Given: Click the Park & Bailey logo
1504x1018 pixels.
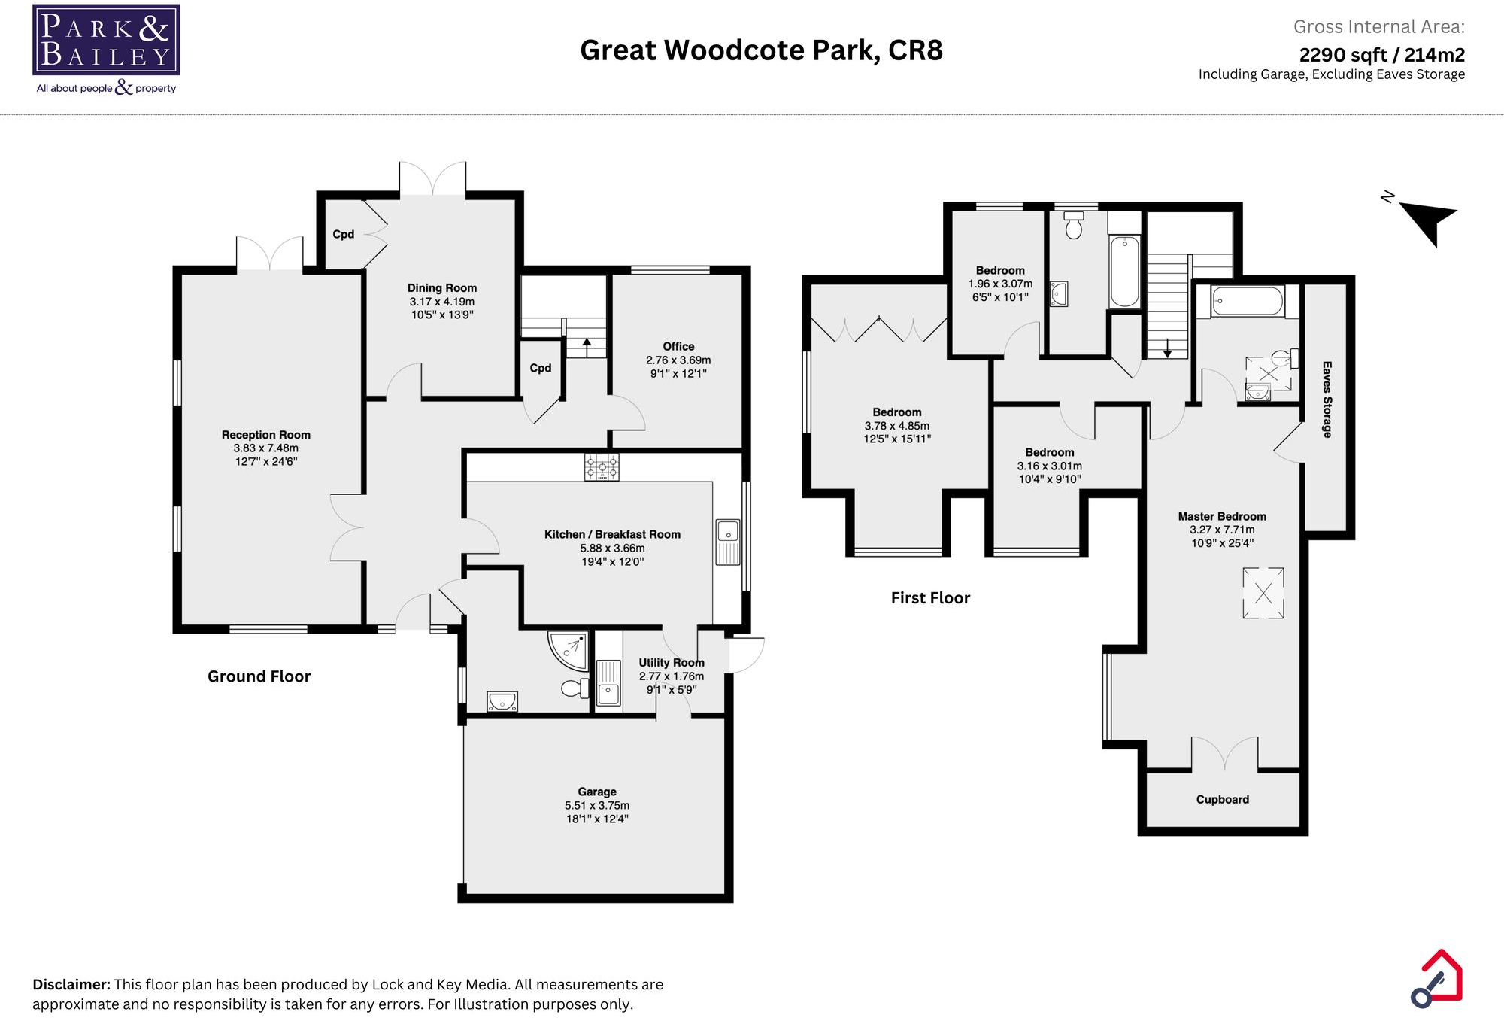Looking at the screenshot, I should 106,41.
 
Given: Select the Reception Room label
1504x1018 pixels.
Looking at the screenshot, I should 265,435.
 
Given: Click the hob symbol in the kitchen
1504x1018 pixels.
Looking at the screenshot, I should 602,466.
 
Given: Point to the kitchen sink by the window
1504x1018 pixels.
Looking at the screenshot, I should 727,541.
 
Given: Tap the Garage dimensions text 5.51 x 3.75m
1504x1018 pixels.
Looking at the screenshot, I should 597,805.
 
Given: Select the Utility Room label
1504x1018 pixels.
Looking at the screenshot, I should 671,663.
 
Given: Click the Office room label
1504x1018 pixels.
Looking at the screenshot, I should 678,347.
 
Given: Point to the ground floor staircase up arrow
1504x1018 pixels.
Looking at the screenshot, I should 587,347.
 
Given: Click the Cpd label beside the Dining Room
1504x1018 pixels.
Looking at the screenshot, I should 344,234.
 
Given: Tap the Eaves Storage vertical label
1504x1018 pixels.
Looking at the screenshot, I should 1327,400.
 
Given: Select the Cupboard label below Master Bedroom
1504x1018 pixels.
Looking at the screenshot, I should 1222,800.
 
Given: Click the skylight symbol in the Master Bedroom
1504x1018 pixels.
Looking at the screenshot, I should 1263,593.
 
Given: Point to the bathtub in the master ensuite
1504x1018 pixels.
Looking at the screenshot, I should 1247,302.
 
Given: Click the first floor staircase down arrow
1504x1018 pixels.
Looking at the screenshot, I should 1167,348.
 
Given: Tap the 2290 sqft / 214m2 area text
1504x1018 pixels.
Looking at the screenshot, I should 1381,55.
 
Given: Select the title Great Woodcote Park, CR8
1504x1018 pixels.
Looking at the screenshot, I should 761,50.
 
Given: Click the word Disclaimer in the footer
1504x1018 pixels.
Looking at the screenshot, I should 71,984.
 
